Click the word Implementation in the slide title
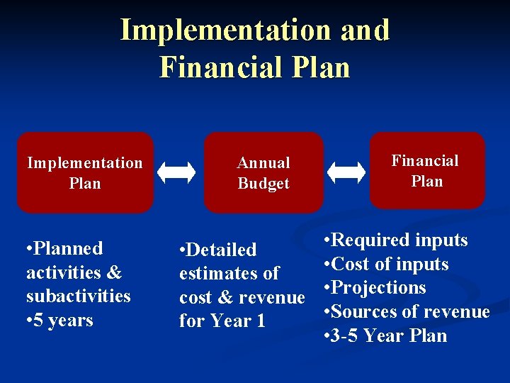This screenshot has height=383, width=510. tap(224, 30)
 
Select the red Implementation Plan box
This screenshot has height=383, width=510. tap(85, 172)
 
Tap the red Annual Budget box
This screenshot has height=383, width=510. tap(263, 172)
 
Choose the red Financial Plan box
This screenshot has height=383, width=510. tap(426, 171)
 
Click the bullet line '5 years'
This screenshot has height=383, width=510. tap(59, 320)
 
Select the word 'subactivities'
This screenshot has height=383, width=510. tap(79, 296)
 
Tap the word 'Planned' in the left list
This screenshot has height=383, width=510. tap(69, 248)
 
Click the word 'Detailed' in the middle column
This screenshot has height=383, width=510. tap(222, 250)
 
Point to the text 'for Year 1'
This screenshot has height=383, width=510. tap(222, 321)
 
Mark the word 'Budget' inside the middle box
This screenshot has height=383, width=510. tap(263, 183)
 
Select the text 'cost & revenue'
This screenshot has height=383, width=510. tap(241, 297)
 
